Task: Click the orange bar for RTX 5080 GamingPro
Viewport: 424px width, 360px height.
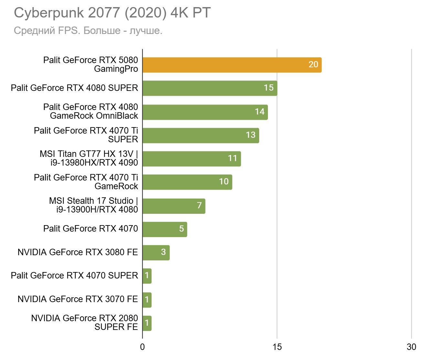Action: point(232,65)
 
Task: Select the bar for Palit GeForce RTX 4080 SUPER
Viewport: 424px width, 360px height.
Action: point(210,88)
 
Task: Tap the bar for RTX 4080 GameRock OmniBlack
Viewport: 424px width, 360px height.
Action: point(205,112)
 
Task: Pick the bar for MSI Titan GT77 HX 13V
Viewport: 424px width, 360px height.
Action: point(192,159)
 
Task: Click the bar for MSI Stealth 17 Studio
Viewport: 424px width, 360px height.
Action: point(174,206)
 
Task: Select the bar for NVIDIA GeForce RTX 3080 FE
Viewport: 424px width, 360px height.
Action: point(156,253)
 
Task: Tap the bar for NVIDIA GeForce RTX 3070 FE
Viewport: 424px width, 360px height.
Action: point(147,300)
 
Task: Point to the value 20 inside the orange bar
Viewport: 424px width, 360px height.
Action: point(313,64)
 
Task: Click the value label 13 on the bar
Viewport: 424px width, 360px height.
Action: point(250,135)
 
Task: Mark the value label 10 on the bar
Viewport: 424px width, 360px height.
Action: point(224,181)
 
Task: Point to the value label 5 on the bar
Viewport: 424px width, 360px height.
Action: point(181,229)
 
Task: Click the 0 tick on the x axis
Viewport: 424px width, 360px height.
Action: point(143,347)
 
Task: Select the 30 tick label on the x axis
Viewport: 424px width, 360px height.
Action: point(411,347)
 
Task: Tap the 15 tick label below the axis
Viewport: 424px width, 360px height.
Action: point(277,347)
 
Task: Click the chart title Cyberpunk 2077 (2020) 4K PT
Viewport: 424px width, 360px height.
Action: point(112,13)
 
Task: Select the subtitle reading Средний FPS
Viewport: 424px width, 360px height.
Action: point(88,31)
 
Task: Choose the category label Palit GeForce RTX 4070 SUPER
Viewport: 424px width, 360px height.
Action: point(74,276)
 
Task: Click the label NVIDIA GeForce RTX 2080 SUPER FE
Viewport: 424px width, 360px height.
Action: point(85,322)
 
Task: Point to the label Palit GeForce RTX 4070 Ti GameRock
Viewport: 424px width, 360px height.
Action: point(86,182)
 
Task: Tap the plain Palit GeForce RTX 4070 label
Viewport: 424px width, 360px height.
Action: point(90,229)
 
